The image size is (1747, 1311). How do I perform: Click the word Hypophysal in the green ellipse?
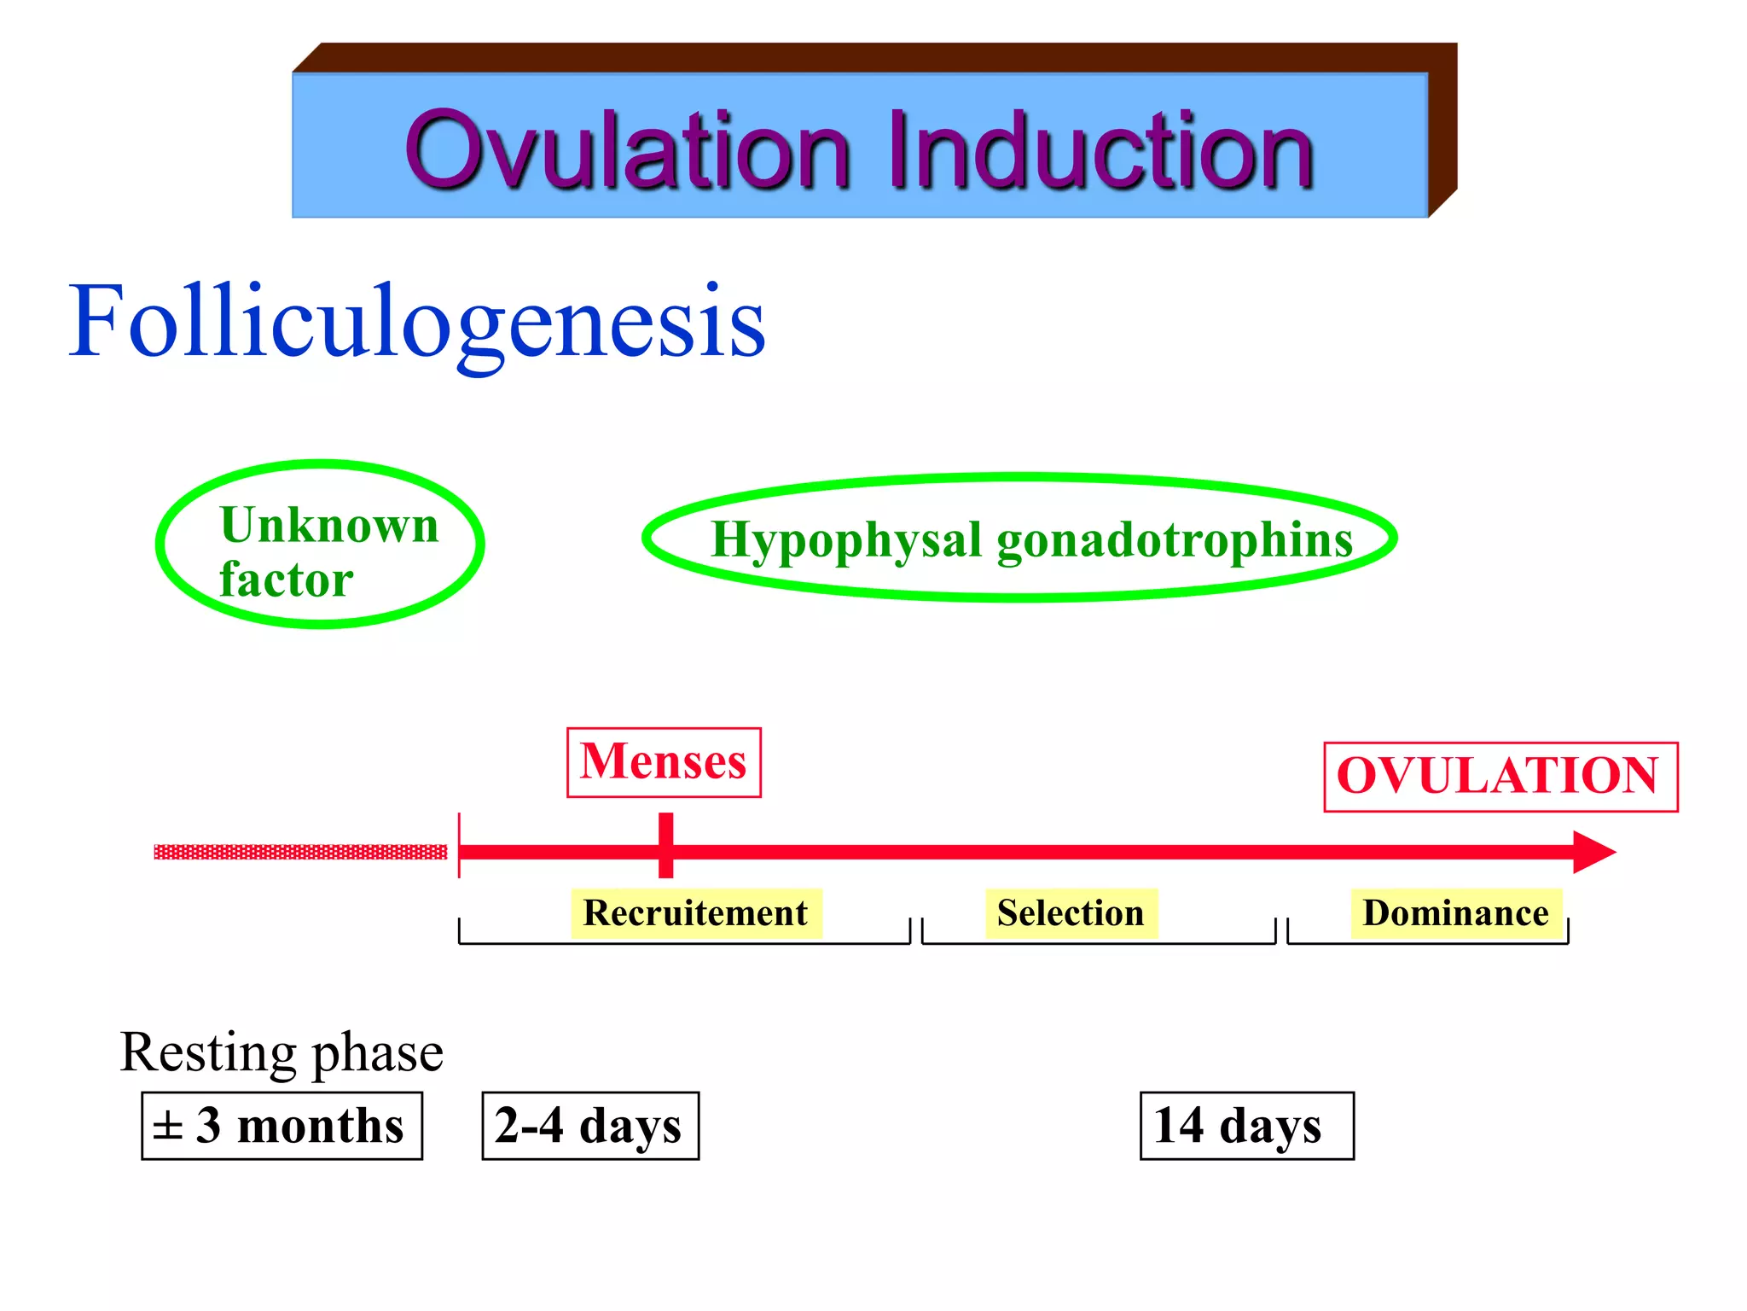point(846,539)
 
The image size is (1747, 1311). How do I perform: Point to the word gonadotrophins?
point(1174,539)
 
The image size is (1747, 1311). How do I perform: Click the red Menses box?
point(664,762)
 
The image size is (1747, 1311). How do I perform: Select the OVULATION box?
point(1500,777)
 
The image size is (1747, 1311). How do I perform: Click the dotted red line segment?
point(300,852)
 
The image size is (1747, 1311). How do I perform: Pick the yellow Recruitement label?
point(695,913)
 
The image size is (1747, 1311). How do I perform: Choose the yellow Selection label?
point(1071,913)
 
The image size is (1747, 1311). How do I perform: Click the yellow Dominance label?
point(1455,913)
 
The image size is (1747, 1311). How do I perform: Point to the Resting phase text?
point(281,1052)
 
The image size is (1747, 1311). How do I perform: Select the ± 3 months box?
point(281,1126)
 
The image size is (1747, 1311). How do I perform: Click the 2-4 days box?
point(590,1126)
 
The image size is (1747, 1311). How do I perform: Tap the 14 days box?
point(1246,1126)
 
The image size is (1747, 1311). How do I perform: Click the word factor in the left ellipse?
point(286,580)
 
